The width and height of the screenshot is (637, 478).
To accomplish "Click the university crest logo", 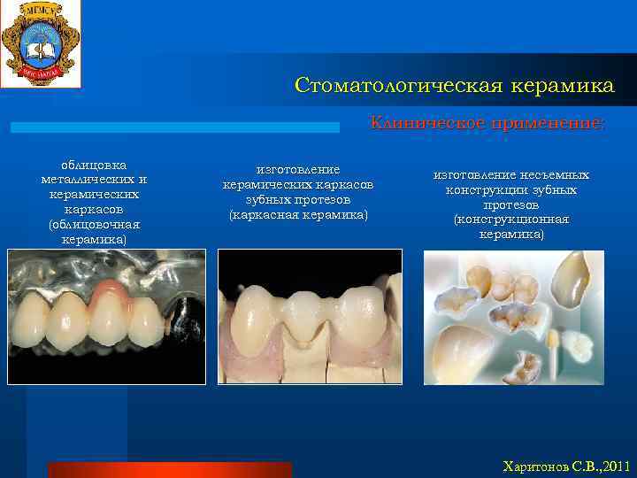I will coord(40,43).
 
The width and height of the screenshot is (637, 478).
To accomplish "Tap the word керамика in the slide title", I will coord(564,86).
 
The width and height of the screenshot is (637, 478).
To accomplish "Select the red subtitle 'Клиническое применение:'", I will coord(487,123).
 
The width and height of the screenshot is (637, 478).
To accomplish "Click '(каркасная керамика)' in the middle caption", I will coord(298,215).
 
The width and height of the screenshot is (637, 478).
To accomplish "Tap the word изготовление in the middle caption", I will coord(298,169).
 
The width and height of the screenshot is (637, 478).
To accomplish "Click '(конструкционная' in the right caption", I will coord(511,220).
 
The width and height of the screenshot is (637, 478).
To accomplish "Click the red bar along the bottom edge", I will coord(168,470).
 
